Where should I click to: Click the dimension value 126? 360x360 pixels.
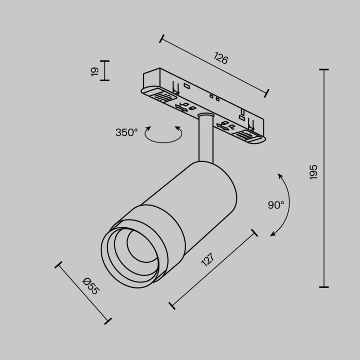[x=220, y=58]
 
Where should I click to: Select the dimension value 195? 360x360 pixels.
[x=314, y=172]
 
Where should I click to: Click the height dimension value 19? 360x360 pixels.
[x=95, y=71]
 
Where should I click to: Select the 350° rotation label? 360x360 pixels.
[x=127, y=132]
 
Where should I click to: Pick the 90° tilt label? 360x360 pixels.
[x=276, y=205]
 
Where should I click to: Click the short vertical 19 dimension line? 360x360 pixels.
[x=105, y=70]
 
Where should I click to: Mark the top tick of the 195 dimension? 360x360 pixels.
[x=324, y=69]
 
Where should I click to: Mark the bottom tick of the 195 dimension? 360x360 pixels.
[x=324, y=286]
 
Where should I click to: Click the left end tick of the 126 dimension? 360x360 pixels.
[x=161, y=38]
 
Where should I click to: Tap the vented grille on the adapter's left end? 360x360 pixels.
[x=161, y=96]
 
